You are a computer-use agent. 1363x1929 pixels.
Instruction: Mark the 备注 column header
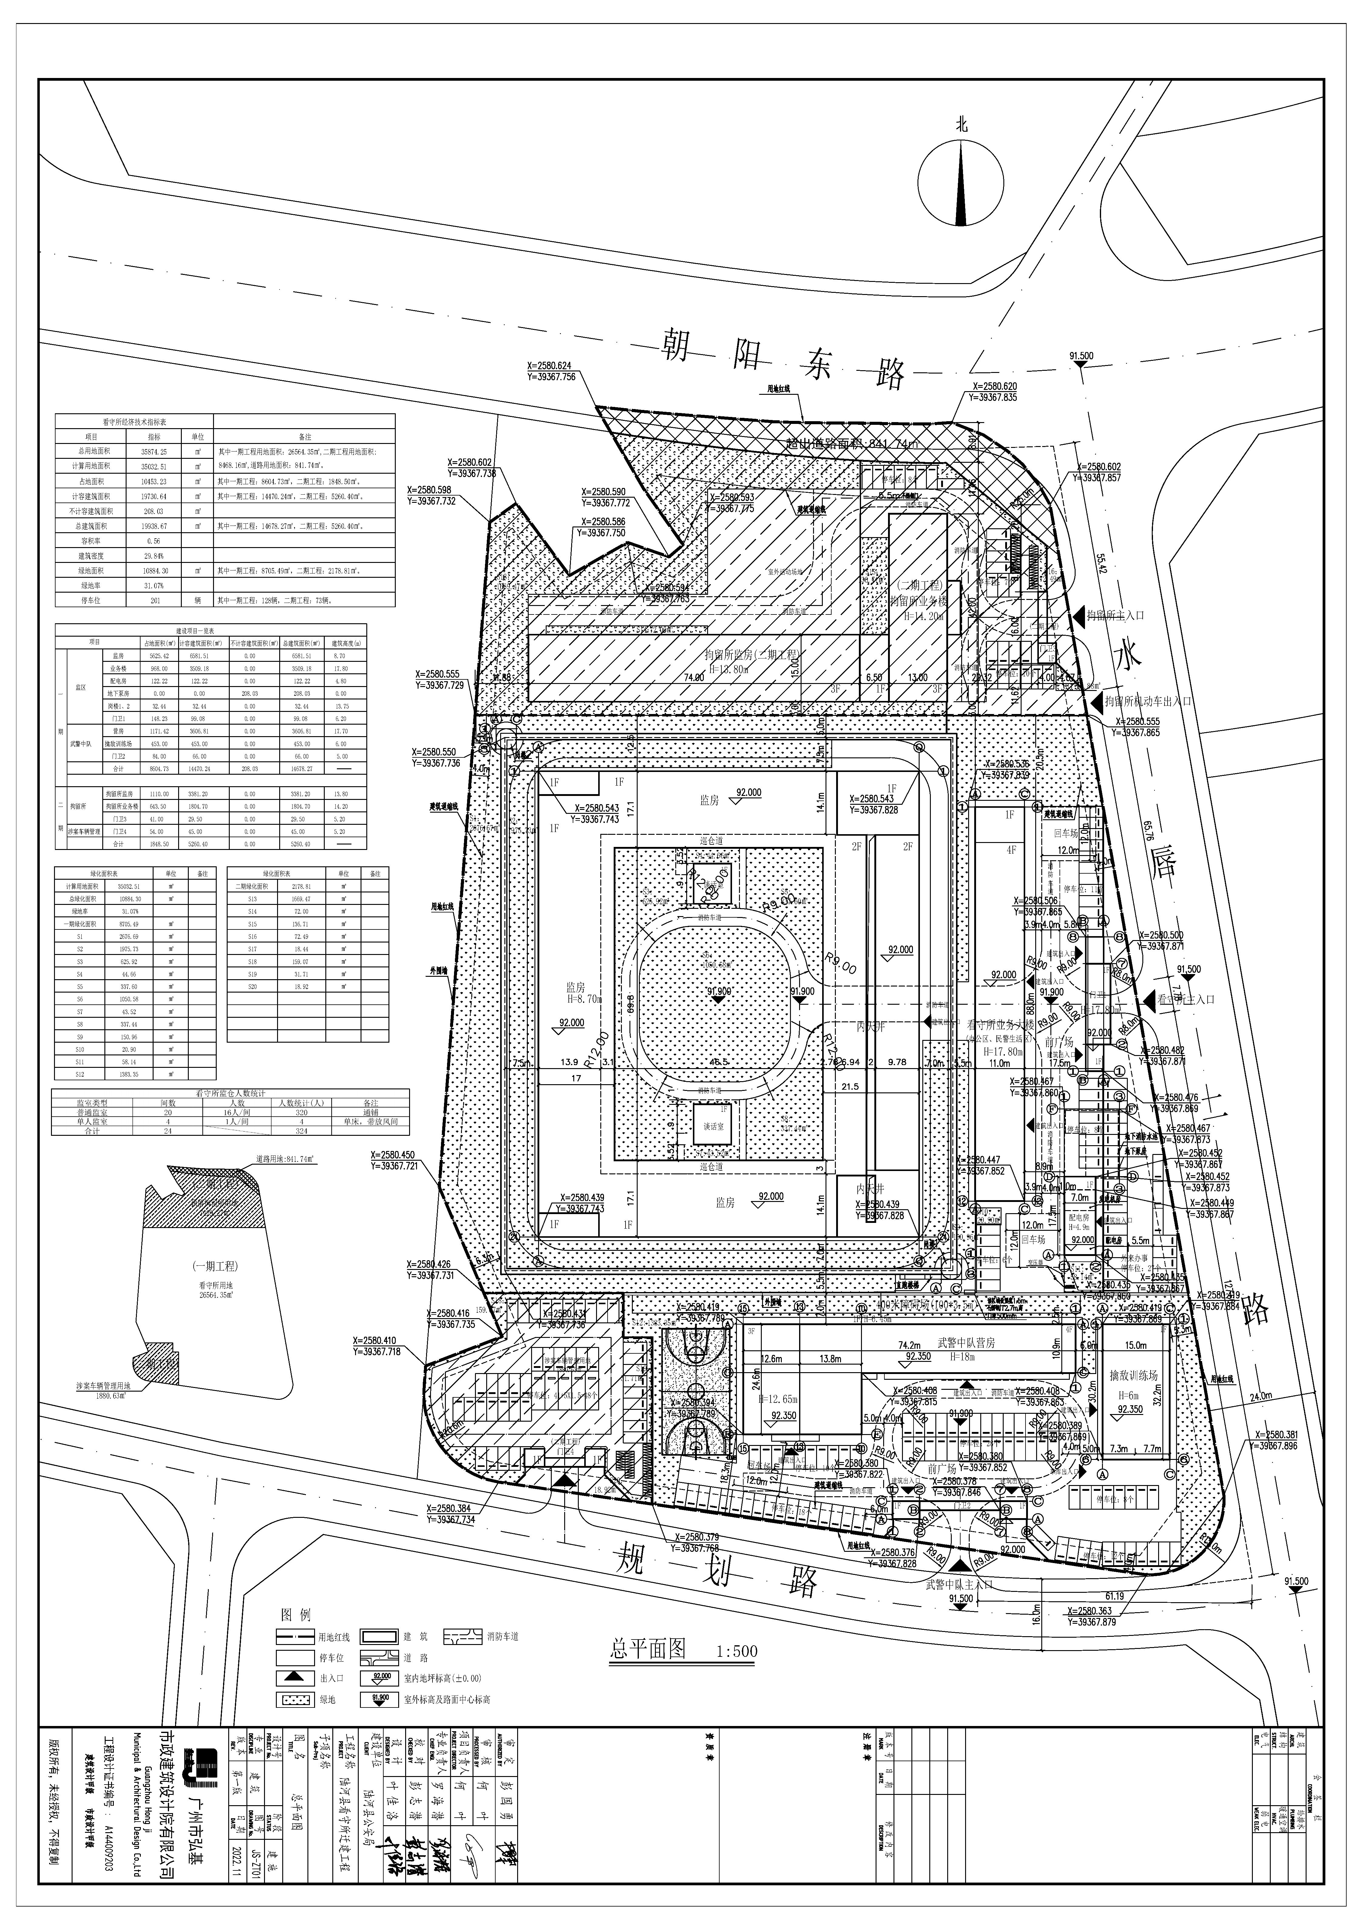pyautogui.click(x=304, y=437)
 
